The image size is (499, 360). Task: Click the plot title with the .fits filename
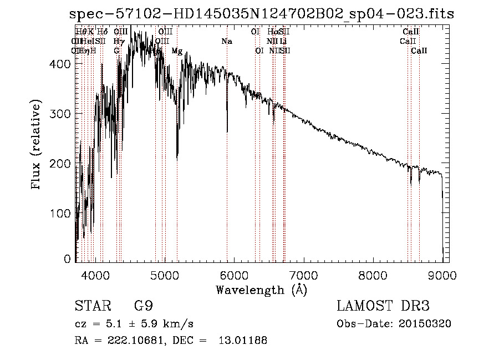[262, 14]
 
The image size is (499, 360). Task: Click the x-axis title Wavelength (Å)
[261, 290]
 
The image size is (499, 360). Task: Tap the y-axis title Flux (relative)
[37, 145]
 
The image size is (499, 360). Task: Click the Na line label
[226, 42]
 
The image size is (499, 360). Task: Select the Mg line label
[177, 50]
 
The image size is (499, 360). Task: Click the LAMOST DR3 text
[383, 306]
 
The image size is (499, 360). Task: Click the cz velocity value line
[134, 324]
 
